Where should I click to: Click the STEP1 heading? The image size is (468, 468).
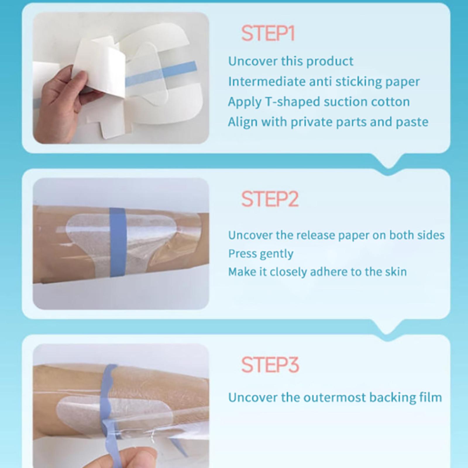pyautogui.click(x=268, y=33)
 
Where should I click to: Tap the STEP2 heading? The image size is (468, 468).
pyautogui.click(x=270, y=199)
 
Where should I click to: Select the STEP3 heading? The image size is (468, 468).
pyautogui.click(x=270, y=365)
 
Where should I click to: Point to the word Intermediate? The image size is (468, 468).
pyautogui.click(x=267, y=81)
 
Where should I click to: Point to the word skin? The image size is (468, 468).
pyautogui.click(x=395, y=272)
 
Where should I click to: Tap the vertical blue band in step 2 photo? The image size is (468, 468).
pyautogui.click(x=118, y=242)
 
